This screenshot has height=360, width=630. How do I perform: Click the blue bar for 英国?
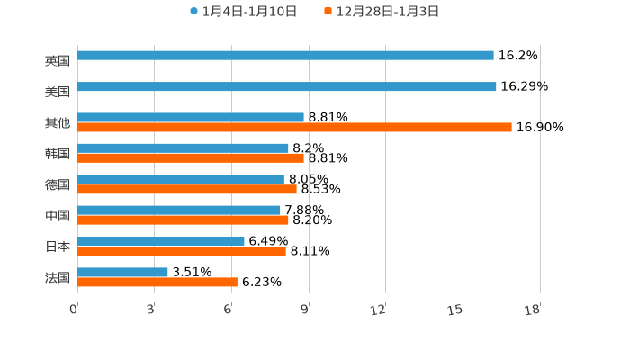click(x=285, y=56)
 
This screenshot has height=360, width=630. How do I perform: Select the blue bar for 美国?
click(x=287, y=87)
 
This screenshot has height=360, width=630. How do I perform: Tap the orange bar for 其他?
click(x=294, y=128)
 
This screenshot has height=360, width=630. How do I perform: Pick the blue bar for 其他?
click(x=191, y=118)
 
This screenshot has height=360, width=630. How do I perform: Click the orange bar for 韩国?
click(x=191, y=158)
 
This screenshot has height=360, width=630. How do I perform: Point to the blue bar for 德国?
click(x=181, y=180)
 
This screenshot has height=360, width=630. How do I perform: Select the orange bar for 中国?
click(x=183, y=220)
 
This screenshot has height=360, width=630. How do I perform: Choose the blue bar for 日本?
click(x=161, y=241)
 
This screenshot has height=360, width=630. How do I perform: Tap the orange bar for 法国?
click(x=157, y=283)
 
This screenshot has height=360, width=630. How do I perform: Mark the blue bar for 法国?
click(x=122, y=273)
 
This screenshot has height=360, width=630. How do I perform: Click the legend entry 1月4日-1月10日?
click(x=243, y=12)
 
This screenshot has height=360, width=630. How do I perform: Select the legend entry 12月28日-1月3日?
click(x=382, y=12)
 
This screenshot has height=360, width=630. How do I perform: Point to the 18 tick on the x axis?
click(x=533, y=310)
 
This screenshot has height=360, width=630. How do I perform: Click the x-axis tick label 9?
click(x=305, y=310)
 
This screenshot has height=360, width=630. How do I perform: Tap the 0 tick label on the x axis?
click(x=74, y=310)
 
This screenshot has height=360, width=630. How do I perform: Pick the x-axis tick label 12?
click(x=379, y=310)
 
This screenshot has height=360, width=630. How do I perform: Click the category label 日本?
click(x=58, y=247)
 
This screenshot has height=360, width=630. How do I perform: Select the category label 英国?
click(x=58, y=61)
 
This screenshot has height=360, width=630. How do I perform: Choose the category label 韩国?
click(x=58, y=154)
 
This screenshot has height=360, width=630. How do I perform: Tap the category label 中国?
click(x=58, y=216)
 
